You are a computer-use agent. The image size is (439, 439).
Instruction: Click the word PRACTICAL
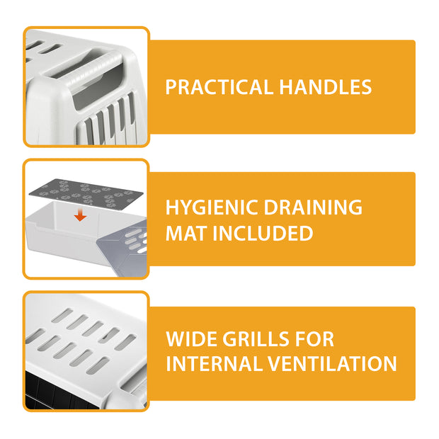219,87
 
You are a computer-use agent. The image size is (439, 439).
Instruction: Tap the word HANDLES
325,87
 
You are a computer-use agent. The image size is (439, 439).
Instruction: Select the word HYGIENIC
212,207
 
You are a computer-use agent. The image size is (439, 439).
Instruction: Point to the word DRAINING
313,207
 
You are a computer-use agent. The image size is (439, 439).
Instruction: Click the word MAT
186,233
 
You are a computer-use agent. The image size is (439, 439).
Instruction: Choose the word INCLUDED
263,233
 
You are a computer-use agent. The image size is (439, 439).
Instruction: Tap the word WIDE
191,339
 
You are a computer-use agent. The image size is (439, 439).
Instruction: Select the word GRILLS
256,339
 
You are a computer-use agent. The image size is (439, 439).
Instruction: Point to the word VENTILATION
332,364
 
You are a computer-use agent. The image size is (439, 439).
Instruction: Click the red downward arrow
80,215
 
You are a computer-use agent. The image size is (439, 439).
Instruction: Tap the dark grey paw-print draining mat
86,195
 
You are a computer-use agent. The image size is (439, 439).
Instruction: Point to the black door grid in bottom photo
62,391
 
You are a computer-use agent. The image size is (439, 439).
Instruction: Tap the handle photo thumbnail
86,87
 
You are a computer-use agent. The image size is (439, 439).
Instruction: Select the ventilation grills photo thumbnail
86,351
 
